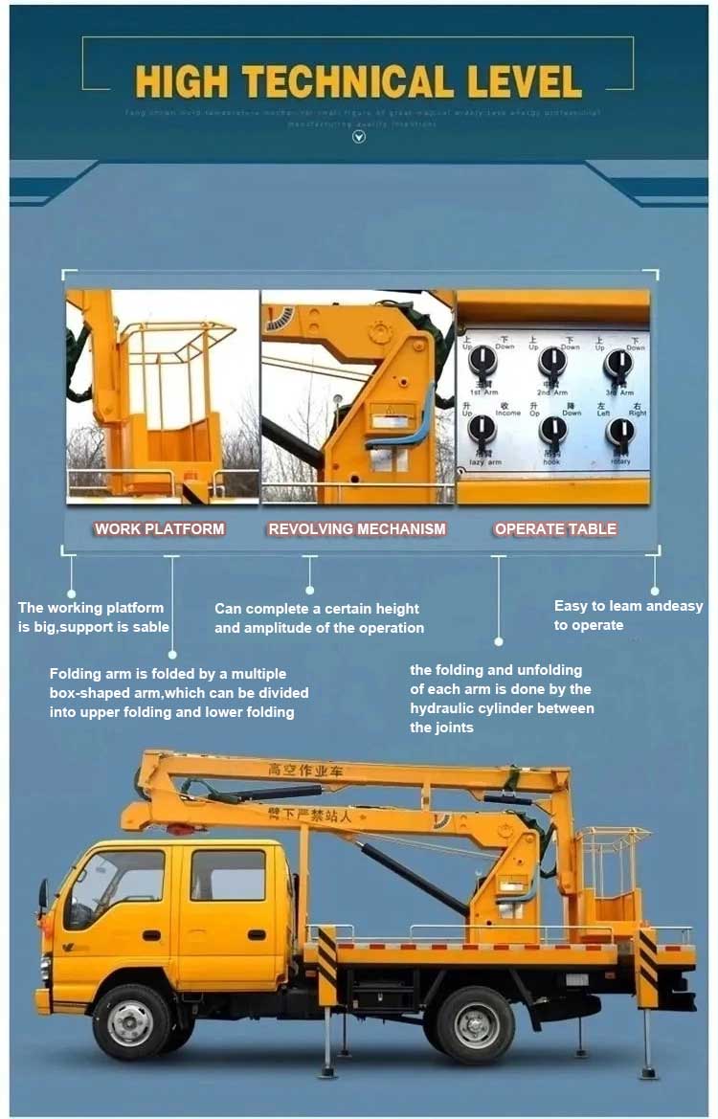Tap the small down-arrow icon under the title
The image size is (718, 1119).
tap(359, 137)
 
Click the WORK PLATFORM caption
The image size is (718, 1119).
tap(159, 528)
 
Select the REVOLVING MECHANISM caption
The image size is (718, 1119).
tap(357, 528)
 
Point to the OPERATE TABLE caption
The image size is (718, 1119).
tap(555, 528)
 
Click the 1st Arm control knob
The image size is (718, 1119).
tap(482, 361)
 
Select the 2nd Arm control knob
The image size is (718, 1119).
tap(552, 361)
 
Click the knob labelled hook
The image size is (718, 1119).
tap(552, 431)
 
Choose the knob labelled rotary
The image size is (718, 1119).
tap(620, 432)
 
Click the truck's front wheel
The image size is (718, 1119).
tap(130, 1022)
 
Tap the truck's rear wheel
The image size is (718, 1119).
tap(476, 1023)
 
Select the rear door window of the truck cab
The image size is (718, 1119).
tap(228, 874)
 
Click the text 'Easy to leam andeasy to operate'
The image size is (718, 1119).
tap(628, 615)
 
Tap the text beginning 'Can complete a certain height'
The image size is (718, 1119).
tap(318, 618)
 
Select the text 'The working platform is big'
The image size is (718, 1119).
tap(93, 617)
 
